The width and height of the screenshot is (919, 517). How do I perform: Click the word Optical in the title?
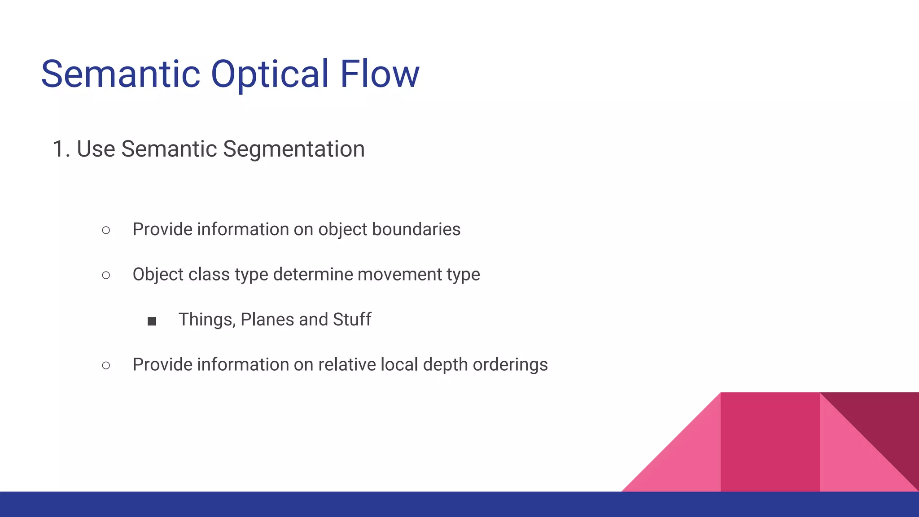pyautogui.click(x=270, y=74)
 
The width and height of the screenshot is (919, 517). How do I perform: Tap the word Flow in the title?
pyautogui.click(x=379, y=74)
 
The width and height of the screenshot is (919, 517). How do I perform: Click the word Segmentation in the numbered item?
pyautogui.click(x=293, y=149)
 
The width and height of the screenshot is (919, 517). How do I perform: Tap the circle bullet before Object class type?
pyautogui.click(x=106, y=275)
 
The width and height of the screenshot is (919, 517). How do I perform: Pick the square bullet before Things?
pyautogui.click(x=152, y=321)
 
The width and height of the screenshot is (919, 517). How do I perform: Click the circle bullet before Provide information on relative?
pyautogui.click(x=106, y=365)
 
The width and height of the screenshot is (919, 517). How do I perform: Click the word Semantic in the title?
pyautogui.click(x=121, y=74)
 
